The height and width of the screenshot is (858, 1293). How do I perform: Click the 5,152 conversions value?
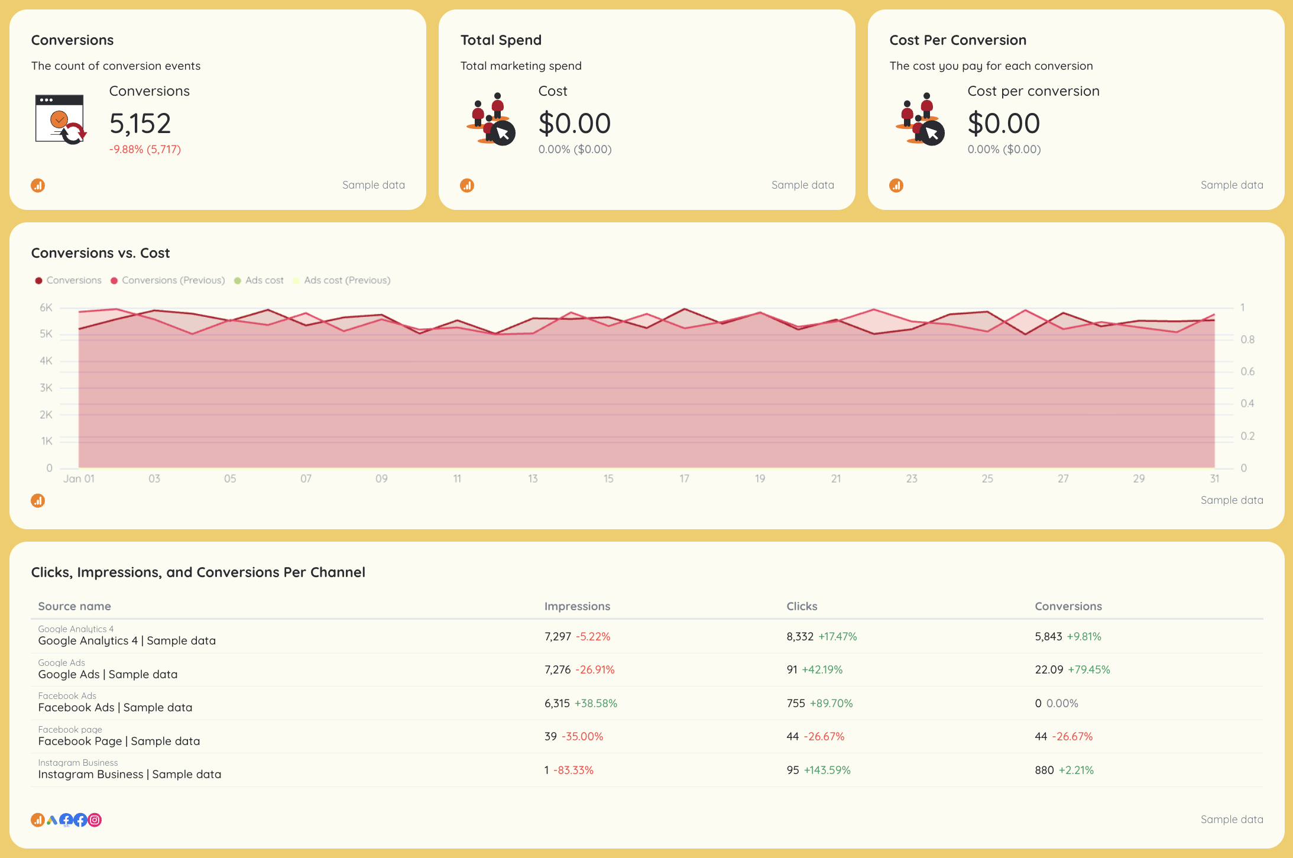(140, 124)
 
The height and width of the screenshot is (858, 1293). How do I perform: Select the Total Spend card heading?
(501, 40)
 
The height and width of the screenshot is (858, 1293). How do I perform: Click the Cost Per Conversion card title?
(957, 40)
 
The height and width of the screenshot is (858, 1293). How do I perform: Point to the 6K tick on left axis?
(46, 307)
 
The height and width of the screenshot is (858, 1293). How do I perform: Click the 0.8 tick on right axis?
(1247, 339)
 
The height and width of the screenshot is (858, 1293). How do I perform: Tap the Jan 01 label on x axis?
(79, 478)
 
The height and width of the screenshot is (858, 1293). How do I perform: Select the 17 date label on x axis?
(684, 478)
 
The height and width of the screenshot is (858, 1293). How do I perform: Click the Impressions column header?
(577, 606)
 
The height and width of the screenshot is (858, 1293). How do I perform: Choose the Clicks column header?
(802, 606)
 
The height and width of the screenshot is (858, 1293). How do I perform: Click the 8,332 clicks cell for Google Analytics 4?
(800, 637)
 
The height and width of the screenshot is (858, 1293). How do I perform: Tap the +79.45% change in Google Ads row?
(1088, 670)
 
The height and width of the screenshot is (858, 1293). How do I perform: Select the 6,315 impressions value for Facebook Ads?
(557, 704)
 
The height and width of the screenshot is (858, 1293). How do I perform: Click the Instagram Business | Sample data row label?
(129, 774)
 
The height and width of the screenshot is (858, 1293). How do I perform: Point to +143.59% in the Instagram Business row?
(827, 770)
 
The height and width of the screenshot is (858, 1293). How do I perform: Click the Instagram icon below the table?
(95, 820)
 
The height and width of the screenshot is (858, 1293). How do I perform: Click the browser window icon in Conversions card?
(60, 119)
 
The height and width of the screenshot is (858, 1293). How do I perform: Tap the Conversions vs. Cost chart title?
(101, 253)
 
